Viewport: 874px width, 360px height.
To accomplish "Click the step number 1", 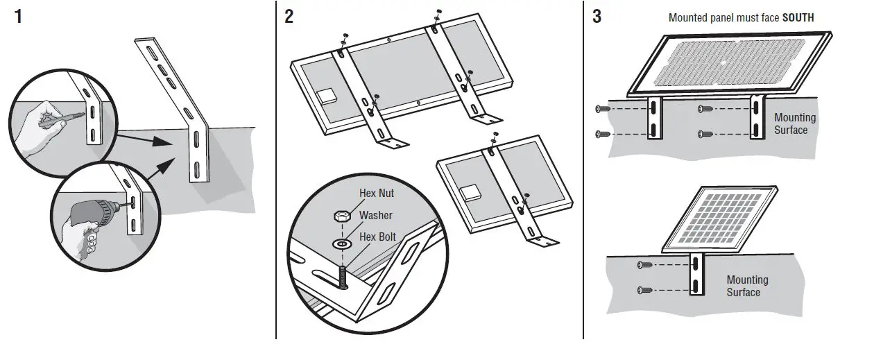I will tap(18, 17).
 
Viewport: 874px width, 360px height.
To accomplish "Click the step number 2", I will tap(289, 17).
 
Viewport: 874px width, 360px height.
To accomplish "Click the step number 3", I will tap(597, 17).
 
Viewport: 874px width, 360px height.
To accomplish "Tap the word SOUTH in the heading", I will tap(798, 17).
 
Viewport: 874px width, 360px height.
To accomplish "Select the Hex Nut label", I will tap(377, 194).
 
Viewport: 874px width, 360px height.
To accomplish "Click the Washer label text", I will tap(375, 216).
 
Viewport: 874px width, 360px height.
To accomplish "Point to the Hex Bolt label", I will tap(377, 237).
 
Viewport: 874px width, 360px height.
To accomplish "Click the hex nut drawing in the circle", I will tap(341, 216).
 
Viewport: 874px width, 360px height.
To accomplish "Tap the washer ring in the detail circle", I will tap(341, 243).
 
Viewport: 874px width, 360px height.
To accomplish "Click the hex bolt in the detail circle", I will tap(341, 278).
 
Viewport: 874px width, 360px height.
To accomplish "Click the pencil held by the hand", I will tap(67, 116).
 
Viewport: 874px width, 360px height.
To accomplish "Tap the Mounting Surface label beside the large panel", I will tap(795, 123).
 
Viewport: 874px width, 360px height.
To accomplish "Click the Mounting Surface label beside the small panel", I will tap(747, 286).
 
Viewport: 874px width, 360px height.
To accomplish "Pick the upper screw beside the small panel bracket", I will tap(644, 265).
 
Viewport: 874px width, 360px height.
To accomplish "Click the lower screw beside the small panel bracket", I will tap(644, 289).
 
